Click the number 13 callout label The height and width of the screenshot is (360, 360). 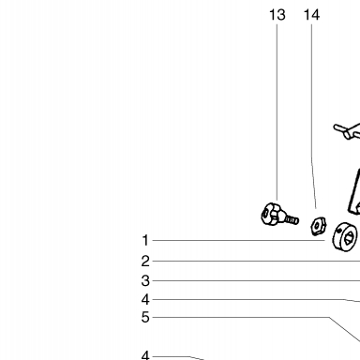point(277,15)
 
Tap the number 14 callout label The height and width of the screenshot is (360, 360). point(311,15)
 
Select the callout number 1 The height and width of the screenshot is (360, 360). point(145,241)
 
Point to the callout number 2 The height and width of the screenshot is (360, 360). point(145,262)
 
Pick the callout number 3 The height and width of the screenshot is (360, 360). point(145,281)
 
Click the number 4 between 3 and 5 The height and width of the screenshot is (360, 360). point(145,300)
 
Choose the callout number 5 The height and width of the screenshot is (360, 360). point(145,318)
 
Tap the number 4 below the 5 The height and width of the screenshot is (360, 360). point(145,355)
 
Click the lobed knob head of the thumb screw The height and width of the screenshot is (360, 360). point(270,215)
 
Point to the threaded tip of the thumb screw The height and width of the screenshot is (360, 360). point(292,219)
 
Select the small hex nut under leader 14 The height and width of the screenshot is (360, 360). point(319,226)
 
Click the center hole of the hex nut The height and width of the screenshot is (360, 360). point(317,226)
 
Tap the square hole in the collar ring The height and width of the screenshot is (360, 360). point(348,237)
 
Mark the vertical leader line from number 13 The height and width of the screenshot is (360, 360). point(277,112)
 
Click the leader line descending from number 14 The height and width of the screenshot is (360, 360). point(312,116)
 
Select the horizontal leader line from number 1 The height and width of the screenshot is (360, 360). point(239,241)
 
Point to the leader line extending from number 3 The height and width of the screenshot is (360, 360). point(256,281)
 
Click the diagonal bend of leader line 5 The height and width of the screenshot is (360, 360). point(344,329)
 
